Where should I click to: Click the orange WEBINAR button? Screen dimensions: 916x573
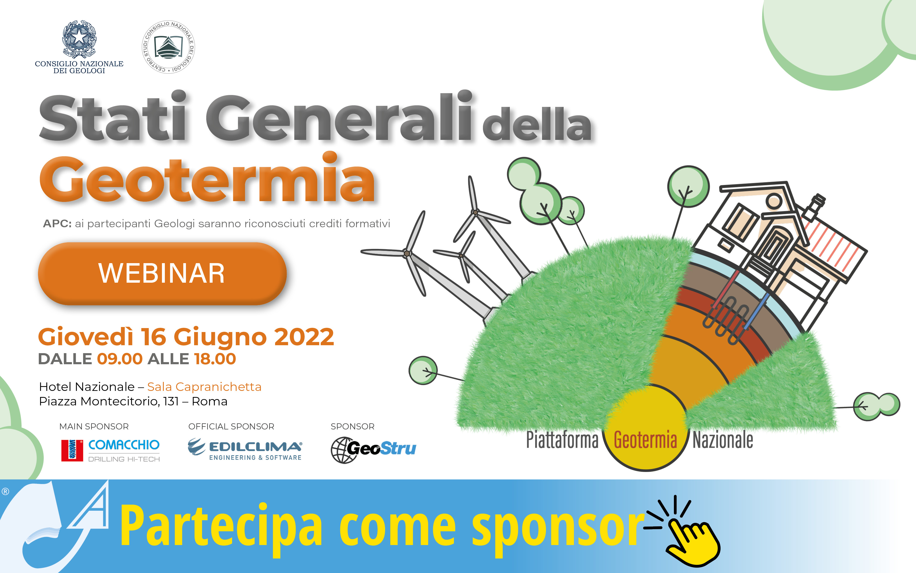point(162,274)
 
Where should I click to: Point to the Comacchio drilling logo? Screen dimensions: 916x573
point(111,450)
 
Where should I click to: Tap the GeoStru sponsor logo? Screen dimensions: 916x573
point(373,450)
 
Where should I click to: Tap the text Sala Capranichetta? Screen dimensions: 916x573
point(204,387)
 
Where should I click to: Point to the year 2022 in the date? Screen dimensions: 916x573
point(304,337)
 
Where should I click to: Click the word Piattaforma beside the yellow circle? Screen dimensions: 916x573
point(562,440)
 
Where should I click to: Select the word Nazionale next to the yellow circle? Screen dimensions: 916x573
point(723,440)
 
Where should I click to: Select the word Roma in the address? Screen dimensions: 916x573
point(209,401)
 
